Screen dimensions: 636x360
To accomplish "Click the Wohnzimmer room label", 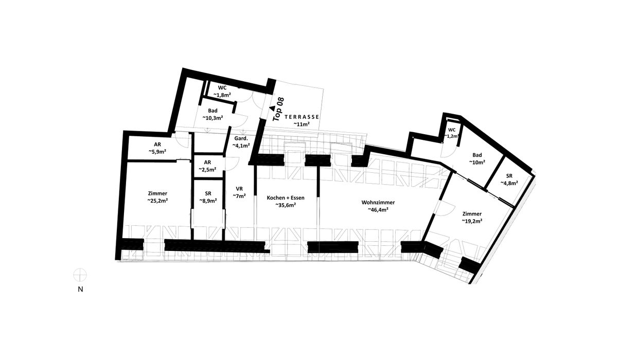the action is (378, 203).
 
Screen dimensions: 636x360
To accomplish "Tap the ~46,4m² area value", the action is (378, 210).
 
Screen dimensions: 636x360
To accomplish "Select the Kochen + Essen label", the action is (286, 197).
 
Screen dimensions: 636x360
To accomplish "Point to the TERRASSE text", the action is (302, 117).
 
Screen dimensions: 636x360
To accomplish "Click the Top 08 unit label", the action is (278, 109).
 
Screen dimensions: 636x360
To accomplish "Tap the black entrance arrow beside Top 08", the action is (272, 108).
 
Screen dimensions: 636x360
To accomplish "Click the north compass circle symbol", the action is (80, 275).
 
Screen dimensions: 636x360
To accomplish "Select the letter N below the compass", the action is (80, 290).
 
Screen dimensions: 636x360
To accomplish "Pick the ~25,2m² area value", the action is (157, 201).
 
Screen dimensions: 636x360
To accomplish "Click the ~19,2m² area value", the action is (472, 221).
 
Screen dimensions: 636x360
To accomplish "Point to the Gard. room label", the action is (241, 138).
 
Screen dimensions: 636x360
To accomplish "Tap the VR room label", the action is (239, 189).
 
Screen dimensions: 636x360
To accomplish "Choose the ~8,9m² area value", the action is (208, 201).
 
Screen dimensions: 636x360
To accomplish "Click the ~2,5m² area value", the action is (207, 170).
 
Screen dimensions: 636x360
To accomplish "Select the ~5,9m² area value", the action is (157, 152).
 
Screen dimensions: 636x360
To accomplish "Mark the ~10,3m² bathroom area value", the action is (213, 118).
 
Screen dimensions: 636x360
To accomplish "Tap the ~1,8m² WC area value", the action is (222, 95).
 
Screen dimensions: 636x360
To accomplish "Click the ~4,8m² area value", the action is (509, 183).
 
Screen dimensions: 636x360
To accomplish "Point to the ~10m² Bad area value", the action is (477, 163).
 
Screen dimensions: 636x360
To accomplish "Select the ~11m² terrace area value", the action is (301, 124).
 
